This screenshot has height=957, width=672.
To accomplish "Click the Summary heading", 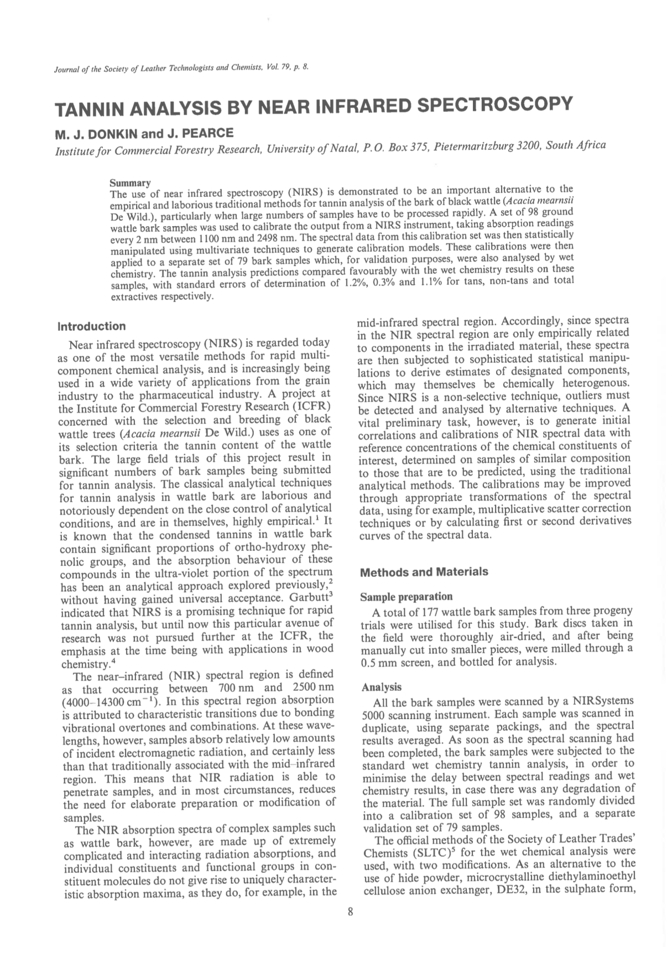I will [x=130, y=183].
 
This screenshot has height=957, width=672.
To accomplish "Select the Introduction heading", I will [x=92, y=326].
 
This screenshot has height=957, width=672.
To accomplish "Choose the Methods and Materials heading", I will [x=424, y=572].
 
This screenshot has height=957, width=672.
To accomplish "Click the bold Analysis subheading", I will [x=381, y=687].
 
